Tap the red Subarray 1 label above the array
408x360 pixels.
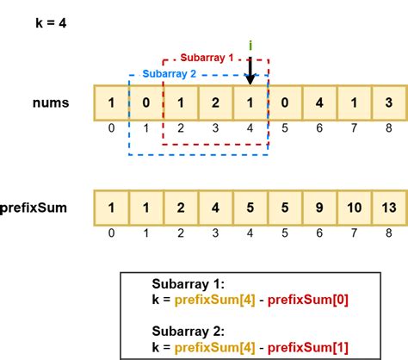coord(207,57)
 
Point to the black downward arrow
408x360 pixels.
coord(249,71)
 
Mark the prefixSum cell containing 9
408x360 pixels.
coord(319,208)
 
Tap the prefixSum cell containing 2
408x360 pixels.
coord(180,208)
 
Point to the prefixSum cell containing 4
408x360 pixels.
coord(214,208)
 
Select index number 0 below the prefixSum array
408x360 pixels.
coord(110,233)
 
